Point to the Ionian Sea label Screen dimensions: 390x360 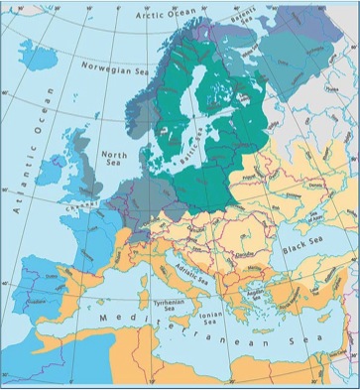click(207, 319)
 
